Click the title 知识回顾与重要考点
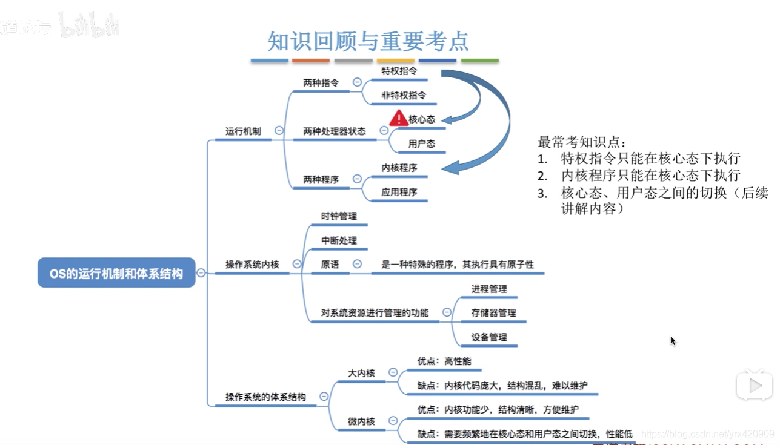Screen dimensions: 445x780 (x=368, y=41)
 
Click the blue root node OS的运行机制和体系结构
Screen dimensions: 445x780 (x=116, y=273)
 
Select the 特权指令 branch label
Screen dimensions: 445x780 (x=399, y=71)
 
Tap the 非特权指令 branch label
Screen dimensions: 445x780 (x=404, y=95)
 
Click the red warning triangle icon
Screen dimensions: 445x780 (x=399, y=117)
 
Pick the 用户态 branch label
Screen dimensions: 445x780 (x=421, y=143)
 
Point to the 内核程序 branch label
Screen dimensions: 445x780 (x=399, y=168)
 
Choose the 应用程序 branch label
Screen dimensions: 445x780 (x=399, y=192)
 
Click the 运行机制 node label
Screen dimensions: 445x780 (x=243, y=131)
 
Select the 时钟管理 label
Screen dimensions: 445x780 (x=339, y=216)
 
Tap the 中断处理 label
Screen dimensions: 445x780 (x=339, y=240)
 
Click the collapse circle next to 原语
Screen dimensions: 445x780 (x=357, y=264)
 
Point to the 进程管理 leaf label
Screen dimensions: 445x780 (x=489, y=289)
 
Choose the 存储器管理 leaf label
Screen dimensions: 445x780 (x=493, y=313)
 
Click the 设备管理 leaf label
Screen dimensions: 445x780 (x=489, y=337)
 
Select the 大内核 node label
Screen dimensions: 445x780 (x=361, y=373)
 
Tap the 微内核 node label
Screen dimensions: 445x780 (x=361, y=421)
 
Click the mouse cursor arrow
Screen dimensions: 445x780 (x=673, y=341)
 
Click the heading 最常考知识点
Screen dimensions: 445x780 (x=581, y=142)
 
